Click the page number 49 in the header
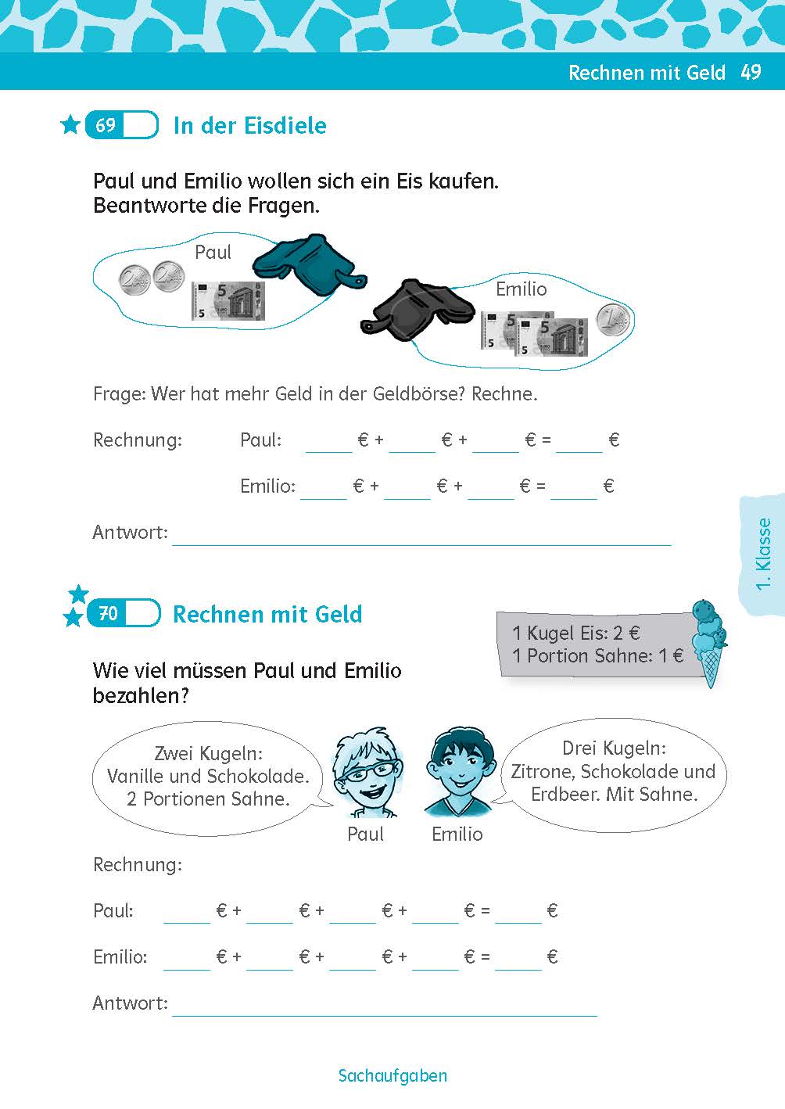point(751,72)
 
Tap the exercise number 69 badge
point(122,125)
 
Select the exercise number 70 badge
point(124,613)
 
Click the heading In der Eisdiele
point(250,126)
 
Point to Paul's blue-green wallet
point(309,265)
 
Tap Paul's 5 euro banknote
point(228,301)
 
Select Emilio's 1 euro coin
point(613,319)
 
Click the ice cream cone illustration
point(709,643)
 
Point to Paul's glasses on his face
point(367,771)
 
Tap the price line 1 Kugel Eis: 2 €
point(576,633)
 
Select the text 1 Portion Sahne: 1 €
point(598,655)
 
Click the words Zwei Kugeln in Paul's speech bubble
point(209,753)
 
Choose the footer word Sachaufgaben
point(392,1075)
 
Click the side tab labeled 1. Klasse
point(763,554)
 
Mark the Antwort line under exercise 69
point(421,545)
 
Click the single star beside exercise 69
point(70,125)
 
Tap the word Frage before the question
point(120,395)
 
